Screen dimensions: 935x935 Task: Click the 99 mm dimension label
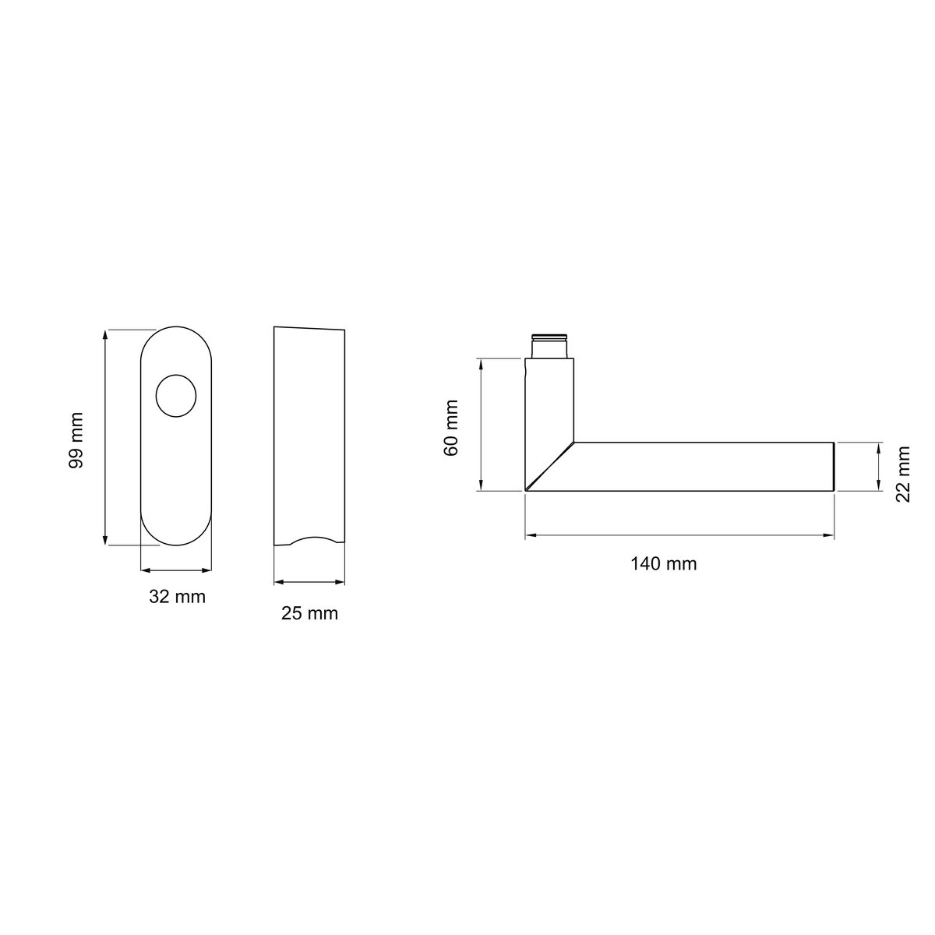(76, 440)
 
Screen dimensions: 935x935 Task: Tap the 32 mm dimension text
(177, 596)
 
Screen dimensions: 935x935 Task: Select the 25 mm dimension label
(309, 613)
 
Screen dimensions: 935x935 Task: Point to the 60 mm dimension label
(451, 428)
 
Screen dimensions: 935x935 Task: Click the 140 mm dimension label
(663, 563)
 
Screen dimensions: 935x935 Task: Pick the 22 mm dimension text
(902, 474)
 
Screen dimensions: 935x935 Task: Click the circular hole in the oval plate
(176, 396)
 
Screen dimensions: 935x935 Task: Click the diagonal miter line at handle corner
(550, 466)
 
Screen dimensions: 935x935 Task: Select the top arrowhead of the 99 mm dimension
(105, 335)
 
